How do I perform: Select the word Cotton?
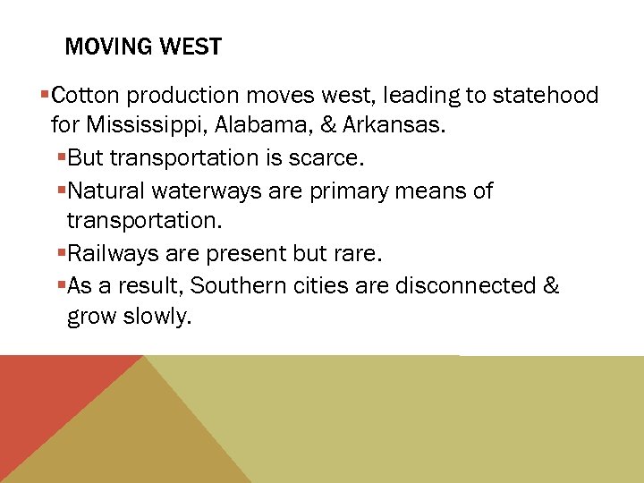click(x=89, y=96)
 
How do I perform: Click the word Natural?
click(x=106, y=191)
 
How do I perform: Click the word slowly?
click(x=158, y=318)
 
